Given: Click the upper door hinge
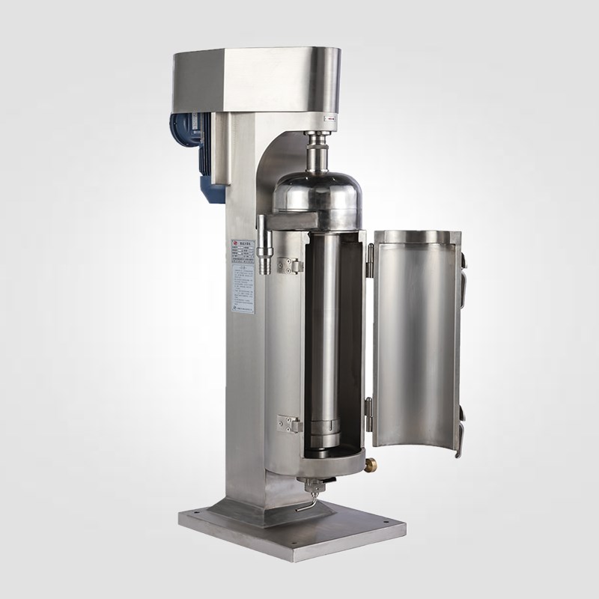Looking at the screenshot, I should [x=371, y=254].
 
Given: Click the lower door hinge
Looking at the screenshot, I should [x=371, y=408].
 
